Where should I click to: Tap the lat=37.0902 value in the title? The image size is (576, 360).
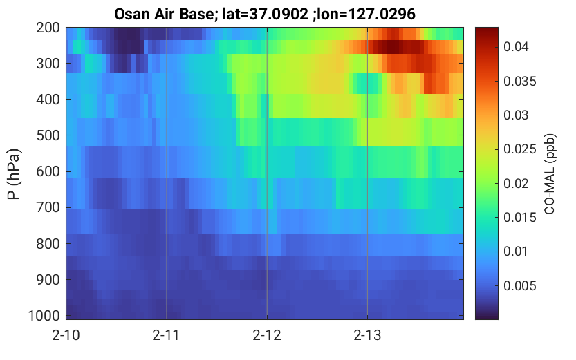(265, 15)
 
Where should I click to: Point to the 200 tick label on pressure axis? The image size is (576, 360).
(48, 28)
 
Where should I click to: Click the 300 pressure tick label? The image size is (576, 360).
(48, 64)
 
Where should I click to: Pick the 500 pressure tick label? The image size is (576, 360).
(48, 135)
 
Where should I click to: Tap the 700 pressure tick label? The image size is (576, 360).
(48, 207)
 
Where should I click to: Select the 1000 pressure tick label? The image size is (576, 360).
(44, 315)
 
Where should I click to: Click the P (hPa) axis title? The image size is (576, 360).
(13, 174)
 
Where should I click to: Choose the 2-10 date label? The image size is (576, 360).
(66, 335)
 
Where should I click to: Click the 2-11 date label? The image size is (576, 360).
(166, 335)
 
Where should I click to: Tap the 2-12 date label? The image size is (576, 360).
(267, 335)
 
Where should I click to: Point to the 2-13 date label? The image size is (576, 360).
(367, 335)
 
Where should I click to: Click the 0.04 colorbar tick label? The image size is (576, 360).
(516, 46)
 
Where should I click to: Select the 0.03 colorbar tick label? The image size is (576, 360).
(516, 115)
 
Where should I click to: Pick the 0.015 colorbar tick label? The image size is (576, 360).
(520, 217)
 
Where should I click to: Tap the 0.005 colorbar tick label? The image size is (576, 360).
(520, 285)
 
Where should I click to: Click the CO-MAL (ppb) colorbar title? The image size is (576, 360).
(550, 173)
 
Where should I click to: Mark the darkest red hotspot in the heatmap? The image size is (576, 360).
(392, 47)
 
